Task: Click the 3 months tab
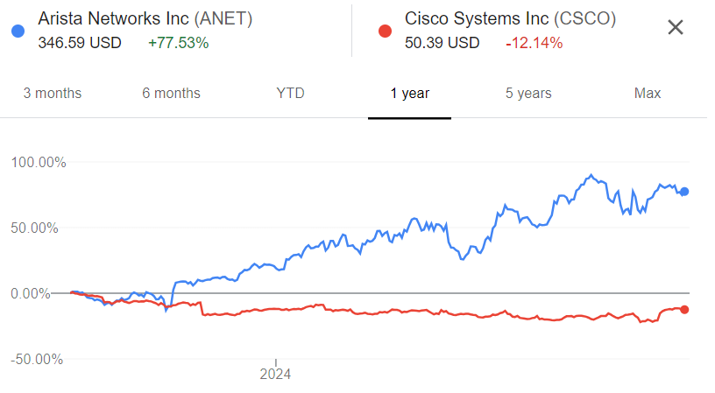52,93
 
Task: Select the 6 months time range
171,93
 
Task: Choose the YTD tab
290,93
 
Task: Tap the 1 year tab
409,93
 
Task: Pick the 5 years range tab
528,93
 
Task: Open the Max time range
648,93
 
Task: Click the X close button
676,27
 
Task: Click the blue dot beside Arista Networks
18,32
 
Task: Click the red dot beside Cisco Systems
384,32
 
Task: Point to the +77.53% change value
180,42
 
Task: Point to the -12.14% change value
534,42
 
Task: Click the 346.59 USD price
80,42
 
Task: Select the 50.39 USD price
442,42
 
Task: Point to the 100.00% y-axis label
39,162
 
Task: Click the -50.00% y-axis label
39,359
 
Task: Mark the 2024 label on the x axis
275,375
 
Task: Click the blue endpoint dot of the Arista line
684,192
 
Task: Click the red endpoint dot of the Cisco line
684,309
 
